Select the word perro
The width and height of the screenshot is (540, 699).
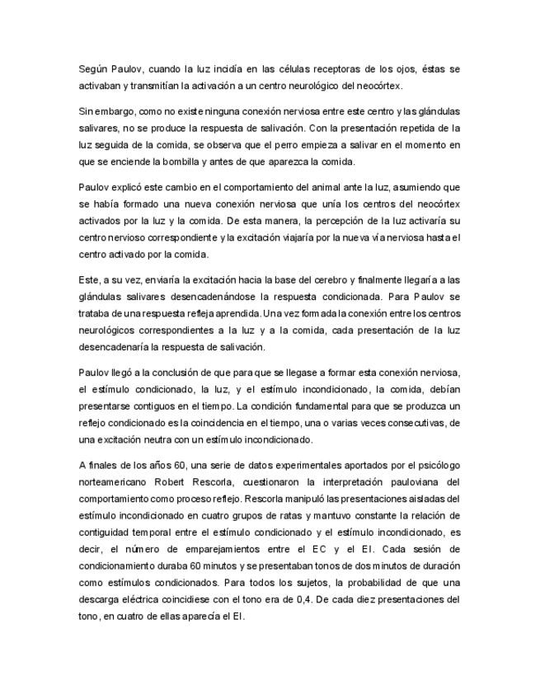[x=271, y=144]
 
